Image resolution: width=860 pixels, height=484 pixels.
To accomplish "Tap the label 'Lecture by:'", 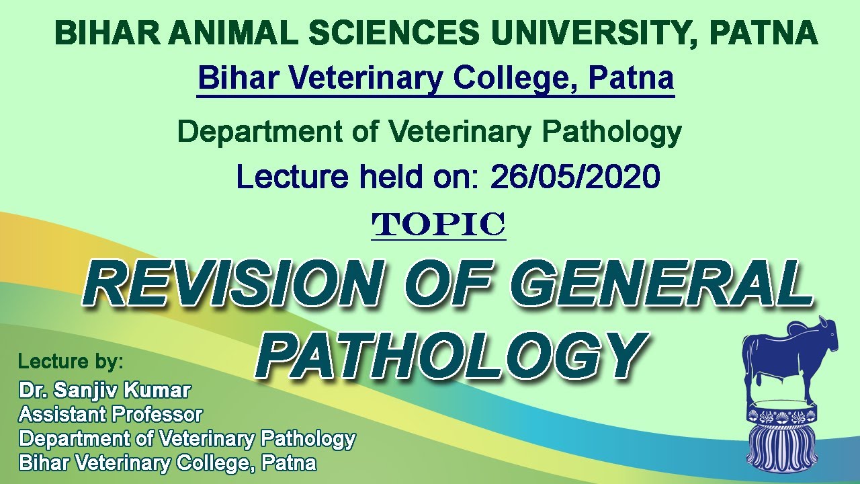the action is [x=71, y=362].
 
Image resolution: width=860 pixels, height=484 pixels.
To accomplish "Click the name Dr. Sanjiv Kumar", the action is [x=105, y=391].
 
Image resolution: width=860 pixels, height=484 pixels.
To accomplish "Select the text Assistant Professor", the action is [x=111, y=414].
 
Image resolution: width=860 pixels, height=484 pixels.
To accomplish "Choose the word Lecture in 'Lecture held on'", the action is [x=292, y=177].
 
